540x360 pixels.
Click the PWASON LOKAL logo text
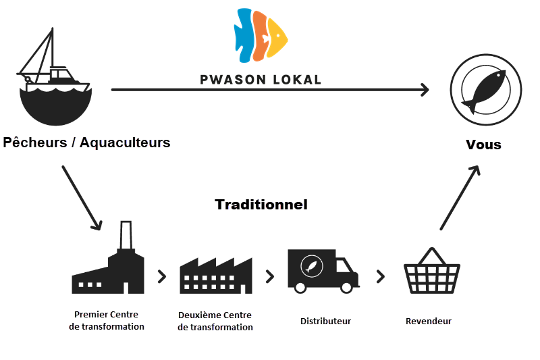(x=261, y=78)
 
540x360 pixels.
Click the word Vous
(x=484, y=145)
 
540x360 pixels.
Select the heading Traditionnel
(x=261, y=204)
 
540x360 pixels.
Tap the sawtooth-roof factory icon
(x=215, y=274)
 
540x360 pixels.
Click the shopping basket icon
(x=432, y=272)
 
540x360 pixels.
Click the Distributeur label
(x=325, y=321)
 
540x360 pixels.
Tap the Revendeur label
(x=429, y=321)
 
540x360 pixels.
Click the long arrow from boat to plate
(x=270, y=89)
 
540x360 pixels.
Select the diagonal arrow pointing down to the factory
(x=82, y=197)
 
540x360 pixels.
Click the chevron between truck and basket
(x=381, y=276)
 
